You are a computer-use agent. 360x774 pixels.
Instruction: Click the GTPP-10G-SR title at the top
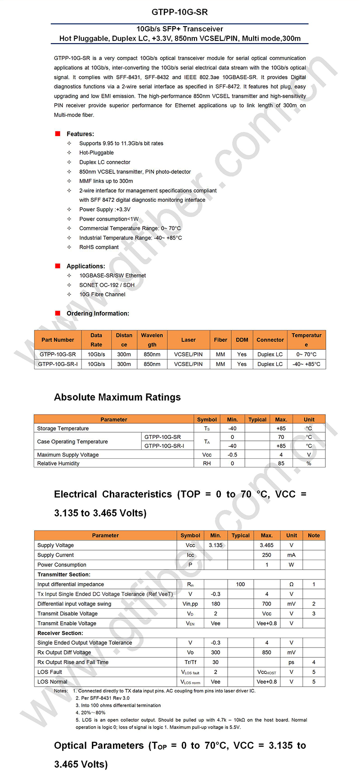180,12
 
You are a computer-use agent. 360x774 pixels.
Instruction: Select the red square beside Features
58,134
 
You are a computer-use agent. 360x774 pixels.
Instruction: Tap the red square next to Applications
58,266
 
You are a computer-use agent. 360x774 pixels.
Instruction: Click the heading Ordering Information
98,313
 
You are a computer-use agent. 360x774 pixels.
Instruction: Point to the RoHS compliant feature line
99,247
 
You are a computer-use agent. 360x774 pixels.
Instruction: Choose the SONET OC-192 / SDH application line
107,285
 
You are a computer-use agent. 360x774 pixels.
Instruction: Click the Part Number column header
58,340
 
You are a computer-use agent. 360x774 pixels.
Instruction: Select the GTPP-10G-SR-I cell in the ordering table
58,364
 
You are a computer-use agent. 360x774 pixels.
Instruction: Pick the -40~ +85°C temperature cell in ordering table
306,364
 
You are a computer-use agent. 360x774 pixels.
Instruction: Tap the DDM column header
242,340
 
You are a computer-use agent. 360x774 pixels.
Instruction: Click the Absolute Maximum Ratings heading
117,397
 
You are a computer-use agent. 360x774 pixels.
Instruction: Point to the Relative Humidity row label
58,463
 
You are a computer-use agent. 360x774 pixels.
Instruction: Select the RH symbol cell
207,463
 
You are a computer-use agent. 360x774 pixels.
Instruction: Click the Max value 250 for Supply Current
266,555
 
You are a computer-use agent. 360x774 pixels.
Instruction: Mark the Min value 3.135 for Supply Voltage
216,545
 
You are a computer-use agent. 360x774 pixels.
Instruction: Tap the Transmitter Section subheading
64,575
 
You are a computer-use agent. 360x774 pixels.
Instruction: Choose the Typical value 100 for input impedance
240,584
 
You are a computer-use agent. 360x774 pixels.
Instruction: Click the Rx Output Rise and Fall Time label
73,662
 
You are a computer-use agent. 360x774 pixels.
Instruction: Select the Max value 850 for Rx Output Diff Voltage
266,652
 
